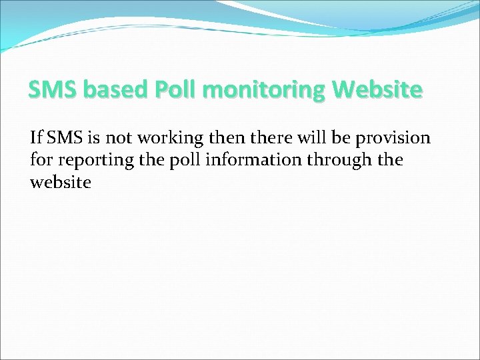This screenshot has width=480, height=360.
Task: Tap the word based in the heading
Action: point(110,89)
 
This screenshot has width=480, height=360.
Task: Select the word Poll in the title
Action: point(175,89)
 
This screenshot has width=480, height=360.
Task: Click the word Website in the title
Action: point(377,89)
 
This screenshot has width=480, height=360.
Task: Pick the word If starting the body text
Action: point(36,138)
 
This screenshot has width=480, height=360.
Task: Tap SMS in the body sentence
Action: point(64,138)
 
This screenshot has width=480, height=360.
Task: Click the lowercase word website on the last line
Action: point(60,182)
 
